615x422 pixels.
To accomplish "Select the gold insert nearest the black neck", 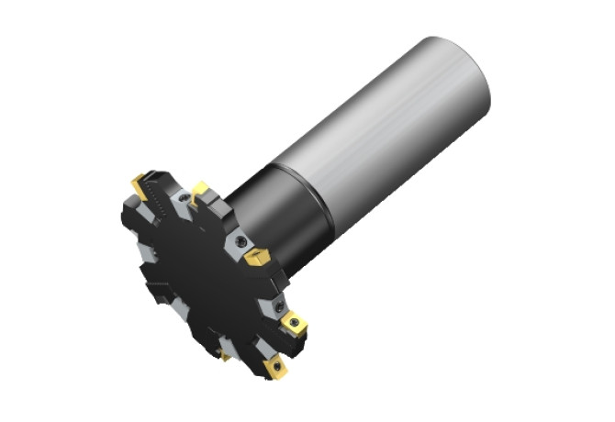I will [256, 256].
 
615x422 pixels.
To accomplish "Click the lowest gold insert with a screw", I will [274, 368].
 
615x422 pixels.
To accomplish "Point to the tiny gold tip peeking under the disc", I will [225, 356].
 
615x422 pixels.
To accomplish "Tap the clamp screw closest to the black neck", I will [240, 239].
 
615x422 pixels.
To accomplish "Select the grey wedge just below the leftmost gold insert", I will [138, 216].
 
